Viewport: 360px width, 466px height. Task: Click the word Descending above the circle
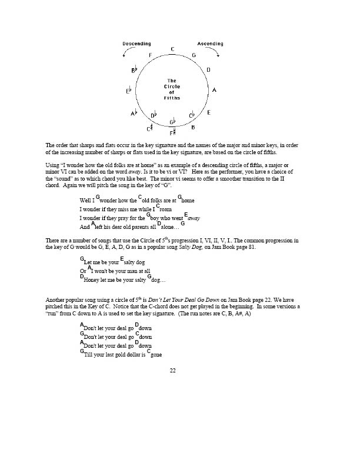(136, 44)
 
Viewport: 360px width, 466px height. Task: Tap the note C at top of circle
(172, 49)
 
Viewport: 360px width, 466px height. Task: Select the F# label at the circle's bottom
(172, 133)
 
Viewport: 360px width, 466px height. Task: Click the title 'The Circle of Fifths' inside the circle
(172, 90)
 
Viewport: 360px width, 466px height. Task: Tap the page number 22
(172, 371)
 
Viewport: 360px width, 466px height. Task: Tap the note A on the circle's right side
(214, 90)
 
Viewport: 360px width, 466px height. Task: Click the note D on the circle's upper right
(208, 70)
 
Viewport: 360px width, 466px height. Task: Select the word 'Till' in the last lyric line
(89, 355)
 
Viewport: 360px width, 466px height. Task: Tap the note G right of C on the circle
(194, 55)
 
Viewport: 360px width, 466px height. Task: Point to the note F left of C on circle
(151, 55)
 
